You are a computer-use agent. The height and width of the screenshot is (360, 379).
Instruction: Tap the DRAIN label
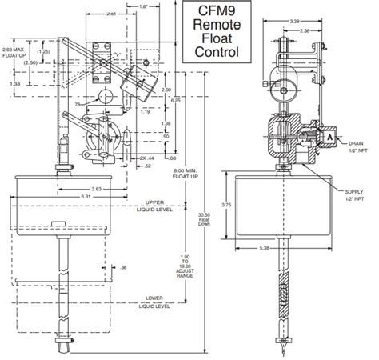click(355, 144)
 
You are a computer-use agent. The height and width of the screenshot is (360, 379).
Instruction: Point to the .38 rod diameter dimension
click(123, 267)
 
